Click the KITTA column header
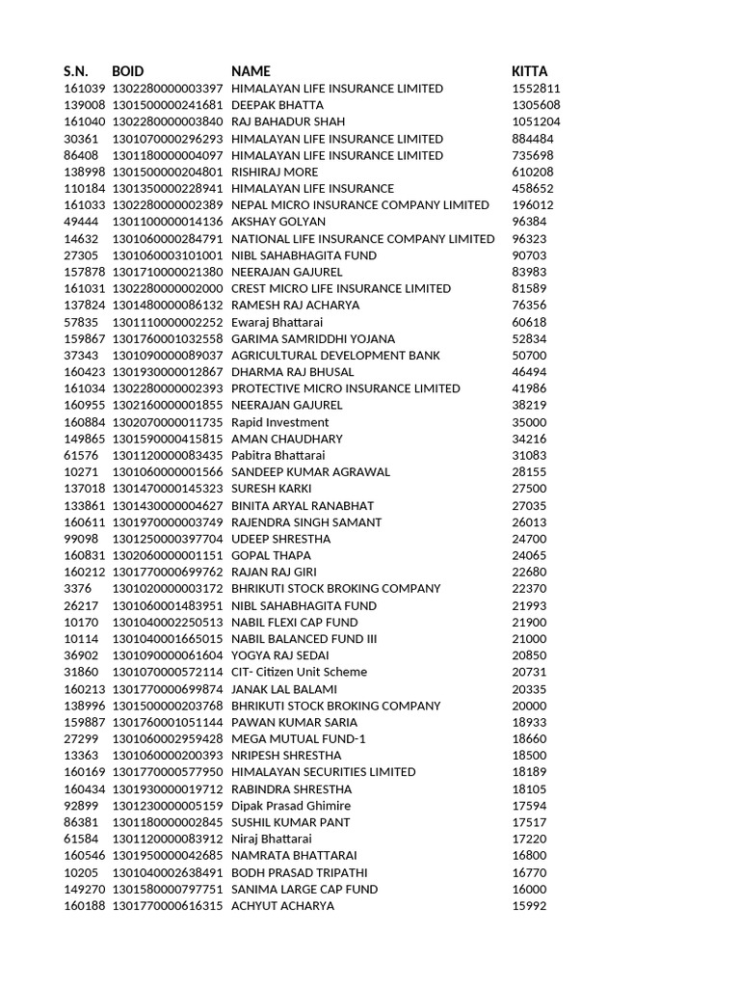529,71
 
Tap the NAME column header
251,71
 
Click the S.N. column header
76,71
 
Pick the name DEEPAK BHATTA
277,105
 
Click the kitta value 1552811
535,89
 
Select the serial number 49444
81,222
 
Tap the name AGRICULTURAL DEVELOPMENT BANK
336,355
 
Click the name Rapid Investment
280,422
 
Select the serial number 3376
77,589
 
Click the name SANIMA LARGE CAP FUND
304,889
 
